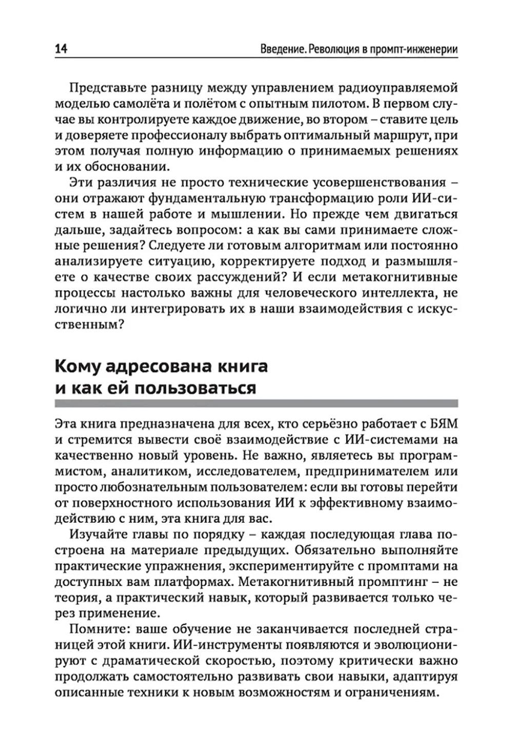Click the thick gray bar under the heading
pos(256,404)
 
